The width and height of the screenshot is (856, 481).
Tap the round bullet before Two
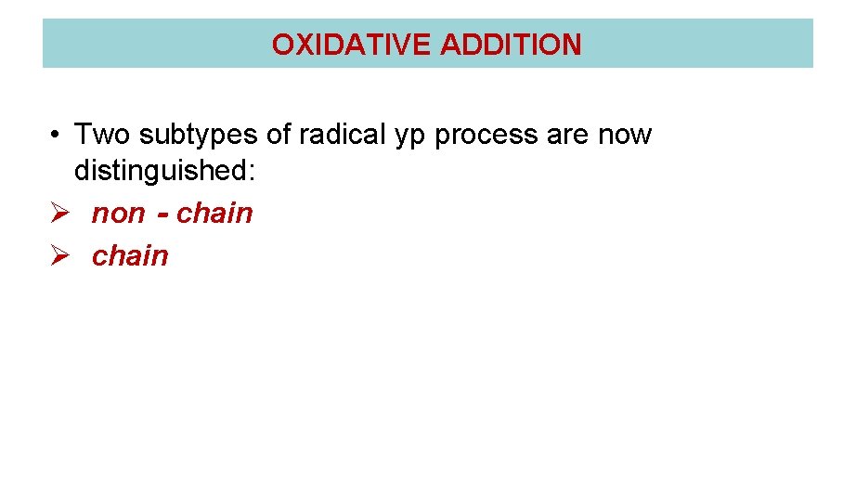58,136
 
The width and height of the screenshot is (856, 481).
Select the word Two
98,135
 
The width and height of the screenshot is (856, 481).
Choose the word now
626,136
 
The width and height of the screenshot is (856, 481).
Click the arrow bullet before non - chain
58,214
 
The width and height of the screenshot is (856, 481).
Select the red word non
118,214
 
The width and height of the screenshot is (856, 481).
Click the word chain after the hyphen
214,214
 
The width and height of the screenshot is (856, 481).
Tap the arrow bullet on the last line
58,255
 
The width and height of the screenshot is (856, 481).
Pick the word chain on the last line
130,255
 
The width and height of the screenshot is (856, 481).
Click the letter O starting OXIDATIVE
281,45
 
